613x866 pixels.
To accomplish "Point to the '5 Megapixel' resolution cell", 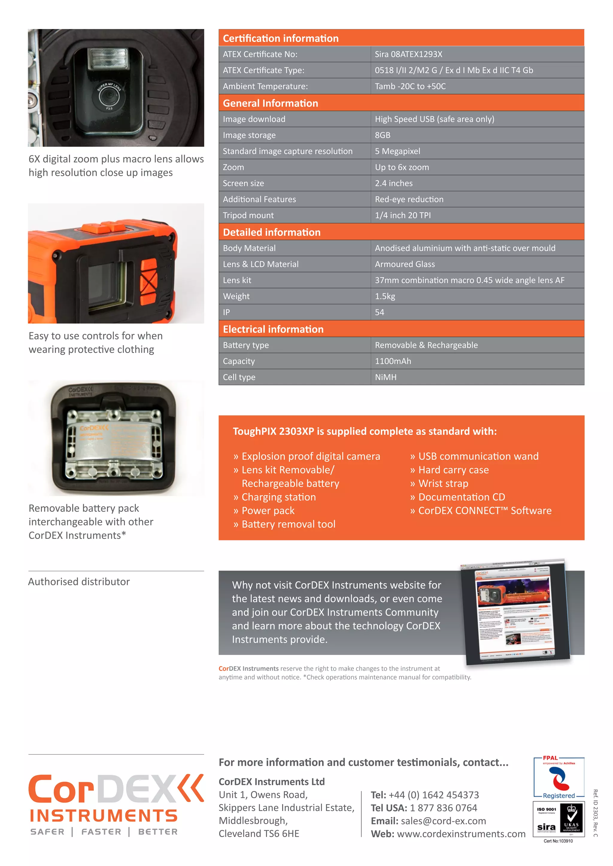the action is [397, 151].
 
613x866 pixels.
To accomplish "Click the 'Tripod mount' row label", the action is [248, 215].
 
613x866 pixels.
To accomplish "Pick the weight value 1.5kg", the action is [385, 296].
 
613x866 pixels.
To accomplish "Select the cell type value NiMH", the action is [386, 377].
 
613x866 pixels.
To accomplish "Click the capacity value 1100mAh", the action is [393, 361].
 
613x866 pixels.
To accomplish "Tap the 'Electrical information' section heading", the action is [273, 329].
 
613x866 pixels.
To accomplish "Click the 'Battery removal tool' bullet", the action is [288, 524].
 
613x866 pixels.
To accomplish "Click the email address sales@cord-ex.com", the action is [443, 821].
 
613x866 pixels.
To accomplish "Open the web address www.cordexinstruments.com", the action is [461, 834].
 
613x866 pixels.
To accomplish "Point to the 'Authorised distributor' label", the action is [79, 582].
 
